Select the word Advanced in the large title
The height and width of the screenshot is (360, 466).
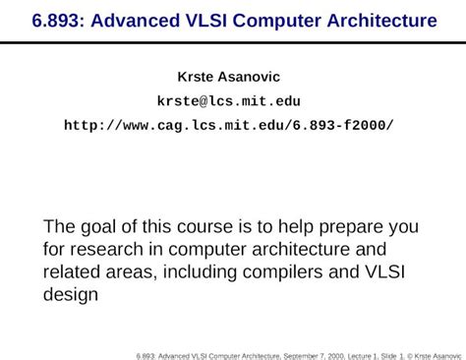click(x=137, y=20)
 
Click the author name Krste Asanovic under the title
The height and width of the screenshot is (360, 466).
click(x=228, y=76)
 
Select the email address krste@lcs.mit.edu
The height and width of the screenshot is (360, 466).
click(x=228, y=100)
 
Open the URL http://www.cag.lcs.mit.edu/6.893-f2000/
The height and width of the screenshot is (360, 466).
click(x=228, y=125)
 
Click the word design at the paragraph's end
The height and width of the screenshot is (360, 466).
click(x=71, y=294)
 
